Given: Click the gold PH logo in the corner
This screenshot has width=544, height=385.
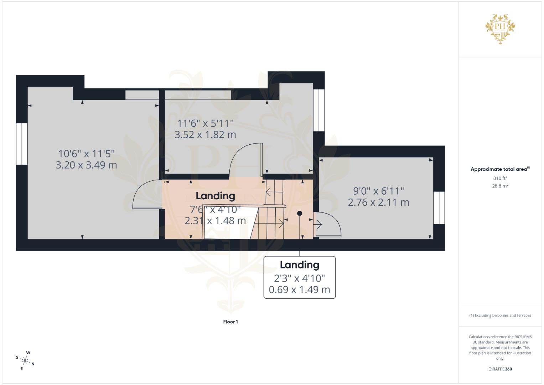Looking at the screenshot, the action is (500, 29).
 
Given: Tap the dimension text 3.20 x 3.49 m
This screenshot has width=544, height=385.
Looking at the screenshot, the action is (86, 165).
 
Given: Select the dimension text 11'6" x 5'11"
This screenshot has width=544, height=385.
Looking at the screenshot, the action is (206, 123).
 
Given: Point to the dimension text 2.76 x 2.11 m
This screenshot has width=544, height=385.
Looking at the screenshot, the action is (378, 202).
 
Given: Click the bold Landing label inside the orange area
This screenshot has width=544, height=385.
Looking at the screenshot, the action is (215, 196).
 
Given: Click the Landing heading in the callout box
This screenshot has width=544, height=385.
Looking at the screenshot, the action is (299, 265).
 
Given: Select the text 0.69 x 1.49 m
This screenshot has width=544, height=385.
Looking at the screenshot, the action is (299, 289).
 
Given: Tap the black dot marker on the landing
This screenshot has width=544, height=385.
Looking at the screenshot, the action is (300, 213).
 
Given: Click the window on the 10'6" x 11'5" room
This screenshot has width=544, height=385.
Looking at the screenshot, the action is (22, 144).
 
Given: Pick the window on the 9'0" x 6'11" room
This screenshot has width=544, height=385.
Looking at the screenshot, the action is (439, 208).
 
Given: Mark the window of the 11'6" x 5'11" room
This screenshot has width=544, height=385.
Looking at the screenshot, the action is (319, 110).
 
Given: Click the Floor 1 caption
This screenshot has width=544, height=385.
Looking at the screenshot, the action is (230, 322).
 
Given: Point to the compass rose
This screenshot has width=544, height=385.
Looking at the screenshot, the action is (25, 360).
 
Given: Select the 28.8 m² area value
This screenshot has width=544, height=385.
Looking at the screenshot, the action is (500, 186).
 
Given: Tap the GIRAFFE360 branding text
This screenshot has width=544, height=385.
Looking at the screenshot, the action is (500, 369).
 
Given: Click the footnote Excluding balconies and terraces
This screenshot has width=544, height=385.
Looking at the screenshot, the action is (500, 315).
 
